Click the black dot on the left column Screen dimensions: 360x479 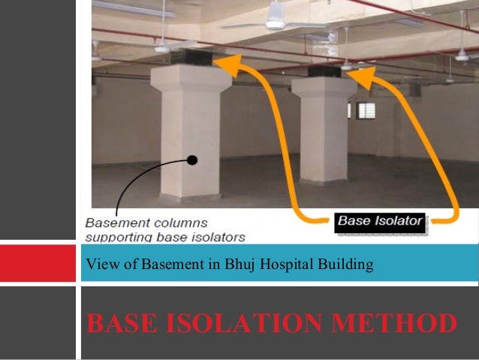(193, 160)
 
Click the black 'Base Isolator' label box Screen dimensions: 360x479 (380, 222)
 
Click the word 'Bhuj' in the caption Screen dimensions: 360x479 (227, 264)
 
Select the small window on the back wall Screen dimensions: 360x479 (366, 110)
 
